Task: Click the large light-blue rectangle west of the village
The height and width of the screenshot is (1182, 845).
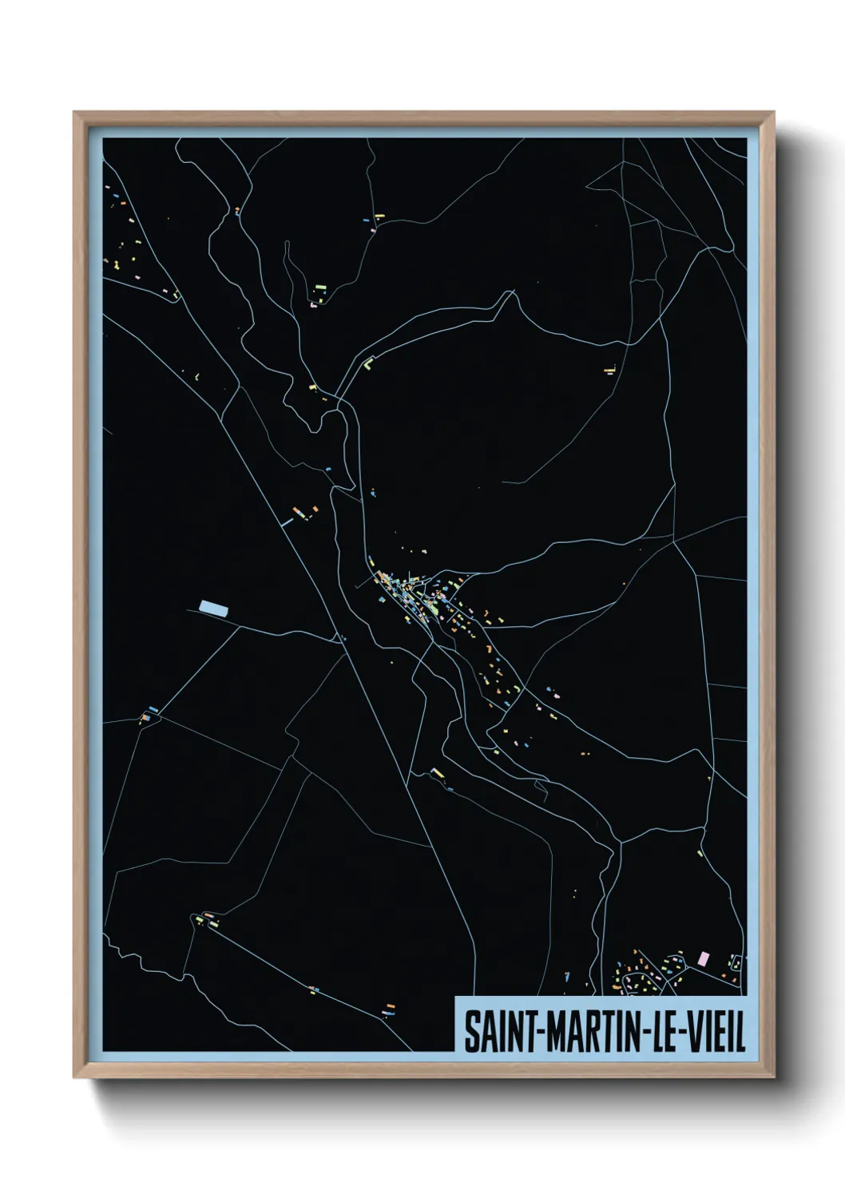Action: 213,608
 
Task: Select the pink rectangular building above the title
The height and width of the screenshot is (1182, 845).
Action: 703,958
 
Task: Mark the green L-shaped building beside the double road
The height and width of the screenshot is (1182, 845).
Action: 368,363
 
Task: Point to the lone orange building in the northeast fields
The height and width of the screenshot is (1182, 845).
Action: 612,370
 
